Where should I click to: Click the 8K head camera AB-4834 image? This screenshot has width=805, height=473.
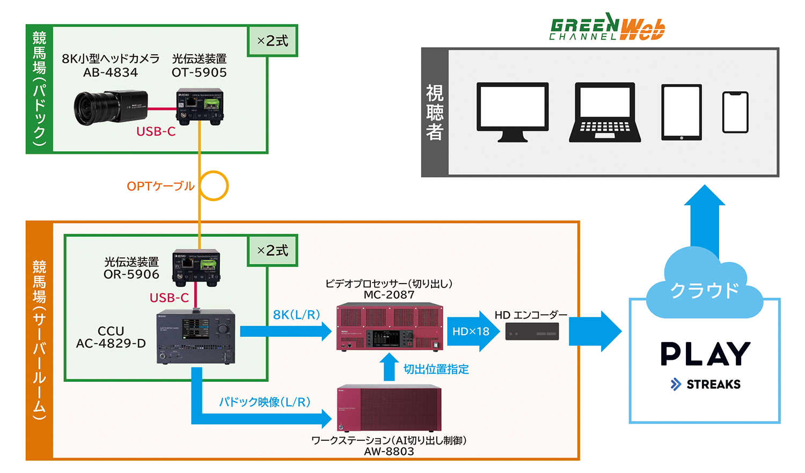(x=110, y=107)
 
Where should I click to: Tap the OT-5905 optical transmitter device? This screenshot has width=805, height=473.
(x=200, y=106)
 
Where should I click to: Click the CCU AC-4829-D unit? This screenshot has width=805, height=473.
(x=196, y=337)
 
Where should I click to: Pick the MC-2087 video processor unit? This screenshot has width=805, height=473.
(x=390, y=327)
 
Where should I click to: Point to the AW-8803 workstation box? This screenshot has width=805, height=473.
(x=389, y=408)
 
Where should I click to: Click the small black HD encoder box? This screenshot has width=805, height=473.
(x=532, y=331)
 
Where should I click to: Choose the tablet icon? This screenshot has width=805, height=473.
(x=682, y=112)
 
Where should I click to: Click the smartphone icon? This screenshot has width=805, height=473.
(x=735, y=112)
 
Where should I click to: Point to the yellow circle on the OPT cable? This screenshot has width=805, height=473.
(x=213, y=186)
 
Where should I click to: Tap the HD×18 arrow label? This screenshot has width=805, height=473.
(x=471, y=331)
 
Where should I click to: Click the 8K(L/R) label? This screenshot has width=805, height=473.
(x=296, y=315)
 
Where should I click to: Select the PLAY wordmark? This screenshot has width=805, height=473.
(x=705, y=354)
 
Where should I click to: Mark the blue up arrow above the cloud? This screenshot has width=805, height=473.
(x=705, y=220)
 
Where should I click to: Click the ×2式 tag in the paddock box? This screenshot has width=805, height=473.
(x=273, y=41)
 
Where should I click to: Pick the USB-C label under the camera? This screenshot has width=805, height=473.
(x=156, y=131)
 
